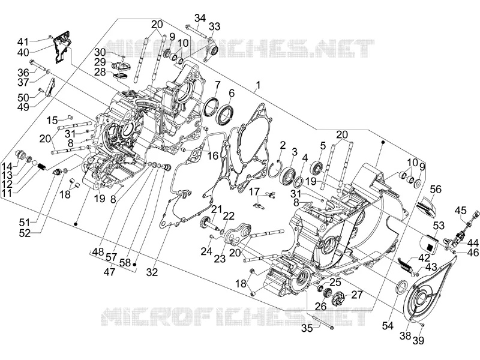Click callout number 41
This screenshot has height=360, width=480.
click(22, 41)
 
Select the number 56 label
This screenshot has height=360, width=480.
click(436, 190)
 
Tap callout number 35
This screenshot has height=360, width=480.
click(307, 328)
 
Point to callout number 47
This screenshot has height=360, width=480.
click(110, 272)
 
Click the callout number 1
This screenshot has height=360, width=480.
click(258, 85)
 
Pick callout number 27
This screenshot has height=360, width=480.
click(356, 295)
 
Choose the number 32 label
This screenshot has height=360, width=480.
click(152, 272)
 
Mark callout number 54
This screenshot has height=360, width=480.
click(388, 326)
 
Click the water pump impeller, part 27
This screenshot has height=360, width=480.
click(338, 298)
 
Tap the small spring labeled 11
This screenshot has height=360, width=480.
click(42, 167)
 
